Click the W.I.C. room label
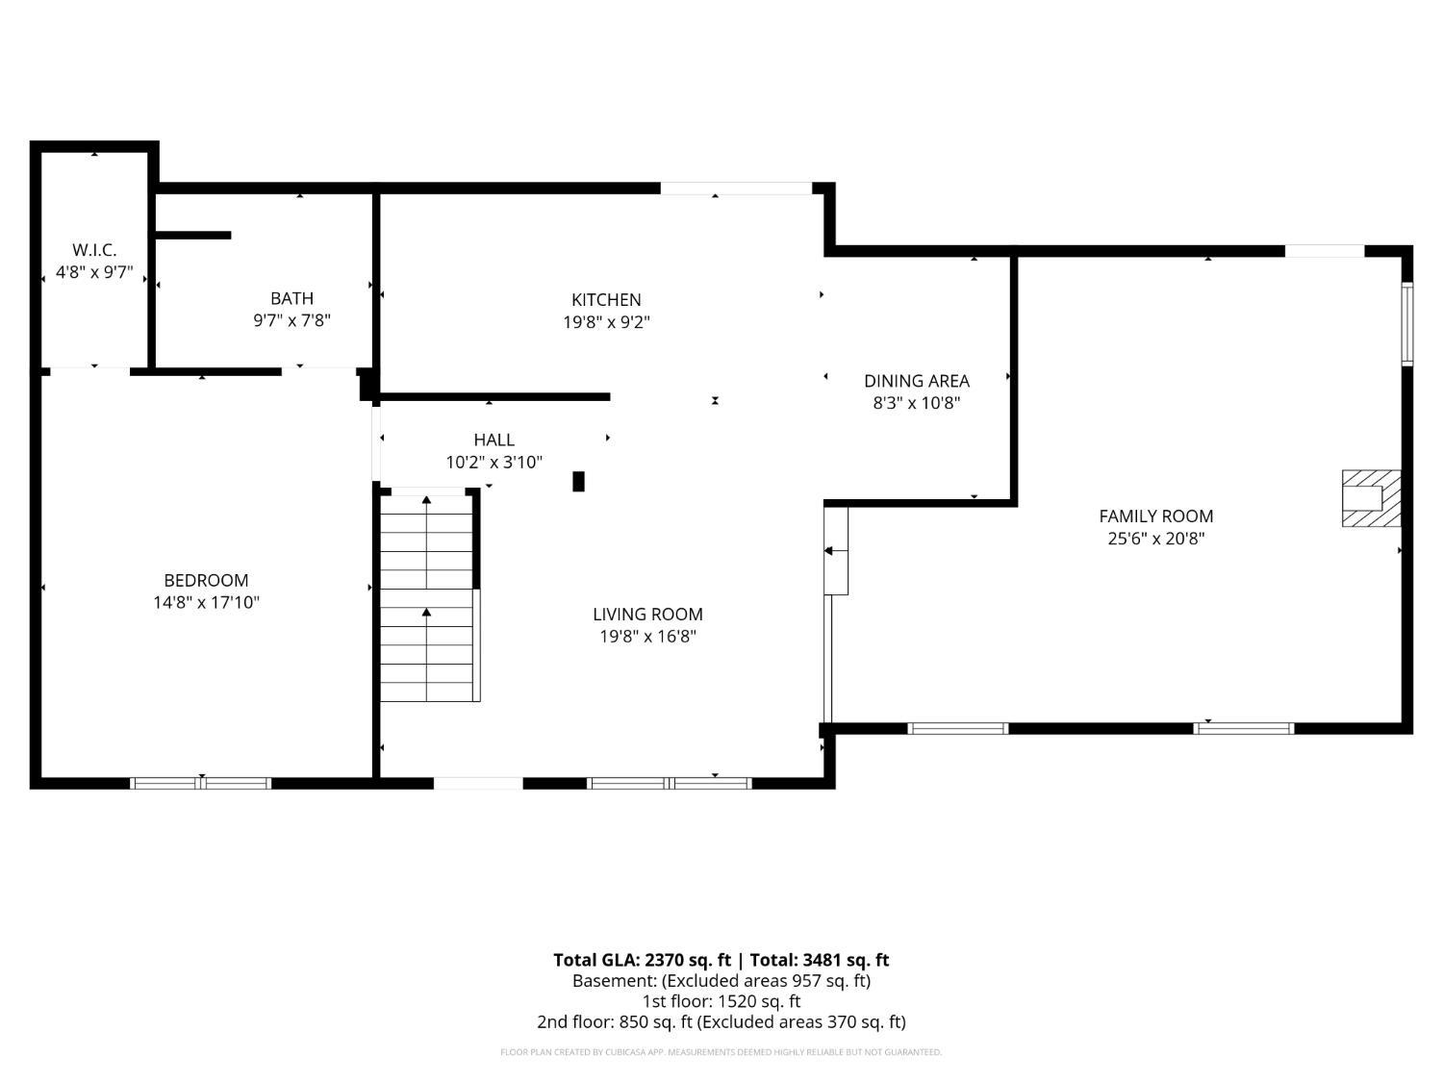[94, 250]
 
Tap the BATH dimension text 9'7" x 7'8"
[291, 320]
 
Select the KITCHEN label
[606, 299]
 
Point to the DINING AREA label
[917, 381]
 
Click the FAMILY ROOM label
[1155, 516]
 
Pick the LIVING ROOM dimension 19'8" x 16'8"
[647, 637]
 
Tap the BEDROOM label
[206, 580]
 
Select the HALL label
[494, 440]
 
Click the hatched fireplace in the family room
[1371, 498]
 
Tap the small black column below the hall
[578, 482]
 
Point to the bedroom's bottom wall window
[200, 783]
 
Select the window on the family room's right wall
[1406, 324]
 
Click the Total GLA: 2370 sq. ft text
[642, 960]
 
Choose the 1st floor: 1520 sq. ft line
[721, 1001]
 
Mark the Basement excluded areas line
[721, 981]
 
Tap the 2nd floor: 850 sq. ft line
[721, 1022]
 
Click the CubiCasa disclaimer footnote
[721, 1052]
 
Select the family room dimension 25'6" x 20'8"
[1155, 539]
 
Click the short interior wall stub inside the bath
[192, 236]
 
